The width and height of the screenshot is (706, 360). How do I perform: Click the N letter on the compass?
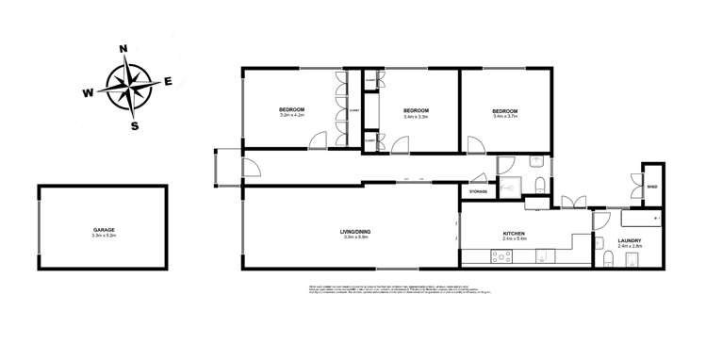click(x=123, y=48)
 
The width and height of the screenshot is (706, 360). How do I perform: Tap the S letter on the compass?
click(x=135, y=125)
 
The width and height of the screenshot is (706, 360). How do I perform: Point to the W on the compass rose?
click(x=87, y=93)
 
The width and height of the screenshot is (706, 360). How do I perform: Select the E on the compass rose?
click(x=168, y=81)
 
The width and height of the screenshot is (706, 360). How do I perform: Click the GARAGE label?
click(x=104, y=229)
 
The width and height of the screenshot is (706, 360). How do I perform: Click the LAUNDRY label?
click(x=630, y=240)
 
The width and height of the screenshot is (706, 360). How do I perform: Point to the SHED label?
click(x=652, y=186)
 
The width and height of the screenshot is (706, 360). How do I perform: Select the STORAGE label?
click(x=479, y=192)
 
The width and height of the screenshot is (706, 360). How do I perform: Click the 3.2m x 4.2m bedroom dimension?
click(x=291, y=116)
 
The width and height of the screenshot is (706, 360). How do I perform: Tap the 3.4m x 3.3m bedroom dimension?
click(x=416, y=117)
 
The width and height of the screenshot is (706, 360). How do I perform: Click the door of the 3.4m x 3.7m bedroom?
click(x=476, y=143)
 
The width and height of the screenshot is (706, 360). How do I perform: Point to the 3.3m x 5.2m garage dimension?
click(x=104, y=236)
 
